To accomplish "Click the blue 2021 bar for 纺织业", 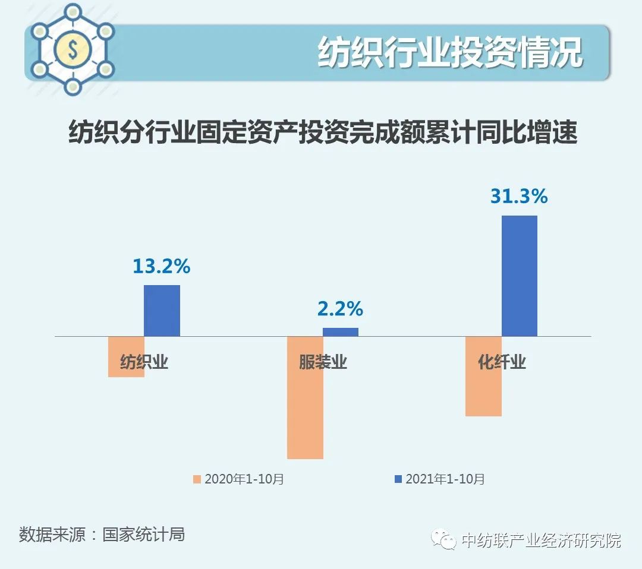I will click(162, 310).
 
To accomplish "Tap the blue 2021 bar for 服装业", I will click(341, 332).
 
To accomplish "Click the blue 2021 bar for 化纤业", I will click(520, 276).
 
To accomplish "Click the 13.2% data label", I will click(161, 267).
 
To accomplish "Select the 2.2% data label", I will click(340, 309).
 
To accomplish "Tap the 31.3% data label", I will click(519, 197).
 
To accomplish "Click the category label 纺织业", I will click(144, 362).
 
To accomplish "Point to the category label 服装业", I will click(323, 362).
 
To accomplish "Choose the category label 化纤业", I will click(502, 362).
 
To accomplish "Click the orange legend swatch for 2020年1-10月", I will click(198, 479).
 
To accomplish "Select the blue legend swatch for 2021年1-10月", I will click(398, 479).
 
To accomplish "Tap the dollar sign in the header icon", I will click(73, 50).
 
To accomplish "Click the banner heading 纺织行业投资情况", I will click(450, 53).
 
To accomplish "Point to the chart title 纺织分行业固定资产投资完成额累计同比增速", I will click(323, 132).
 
